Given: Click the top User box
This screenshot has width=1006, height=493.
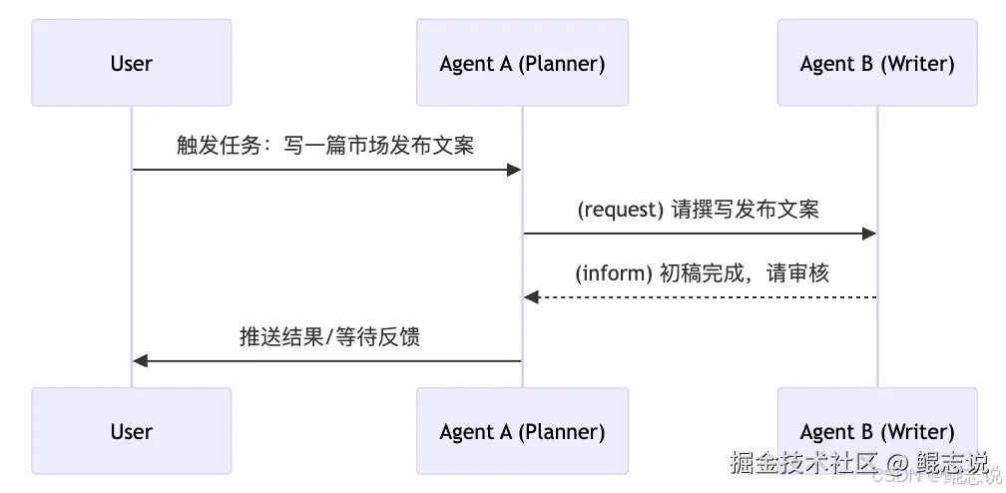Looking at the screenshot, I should coord(131,63).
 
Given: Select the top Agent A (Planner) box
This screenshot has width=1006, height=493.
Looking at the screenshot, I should coord(522,63).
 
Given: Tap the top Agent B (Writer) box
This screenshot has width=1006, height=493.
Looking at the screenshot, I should coord(877,63).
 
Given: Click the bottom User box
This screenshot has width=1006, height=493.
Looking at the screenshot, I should coord(131,431).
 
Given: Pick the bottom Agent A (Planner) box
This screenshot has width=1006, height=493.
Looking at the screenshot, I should coord(522,431).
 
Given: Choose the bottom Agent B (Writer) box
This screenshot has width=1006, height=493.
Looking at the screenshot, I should coord(877,431).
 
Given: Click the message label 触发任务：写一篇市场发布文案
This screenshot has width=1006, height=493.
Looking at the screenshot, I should coord(325,145).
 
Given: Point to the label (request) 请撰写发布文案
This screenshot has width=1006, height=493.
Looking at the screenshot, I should coord(699,210).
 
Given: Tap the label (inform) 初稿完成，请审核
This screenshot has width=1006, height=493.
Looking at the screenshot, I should coord(702,273).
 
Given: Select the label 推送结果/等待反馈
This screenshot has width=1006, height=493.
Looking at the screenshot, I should coord(329,336).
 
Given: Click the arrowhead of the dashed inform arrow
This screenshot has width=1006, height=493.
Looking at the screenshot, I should coord(531,297).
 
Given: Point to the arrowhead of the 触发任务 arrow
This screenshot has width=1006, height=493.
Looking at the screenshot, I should coord(514,170).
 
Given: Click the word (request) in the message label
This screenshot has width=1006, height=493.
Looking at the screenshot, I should coord(620,210).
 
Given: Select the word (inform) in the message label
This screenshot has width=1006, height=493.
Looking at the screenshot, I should coord(614,273).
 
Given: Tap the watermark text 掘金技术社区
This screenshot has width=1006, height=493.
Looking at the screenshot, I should coord(803,462).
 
